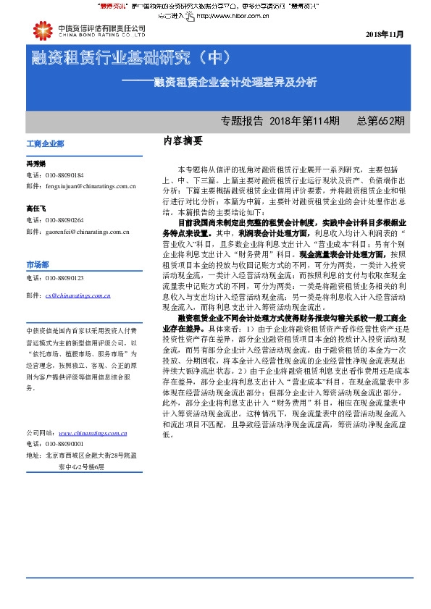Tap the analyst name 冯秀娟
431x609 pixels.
[x=36, y=164]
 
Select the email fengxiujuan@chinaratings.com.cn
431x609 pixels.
[x=90, y=187]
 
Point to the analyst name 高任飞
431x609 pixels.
[x=36, y=209]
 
